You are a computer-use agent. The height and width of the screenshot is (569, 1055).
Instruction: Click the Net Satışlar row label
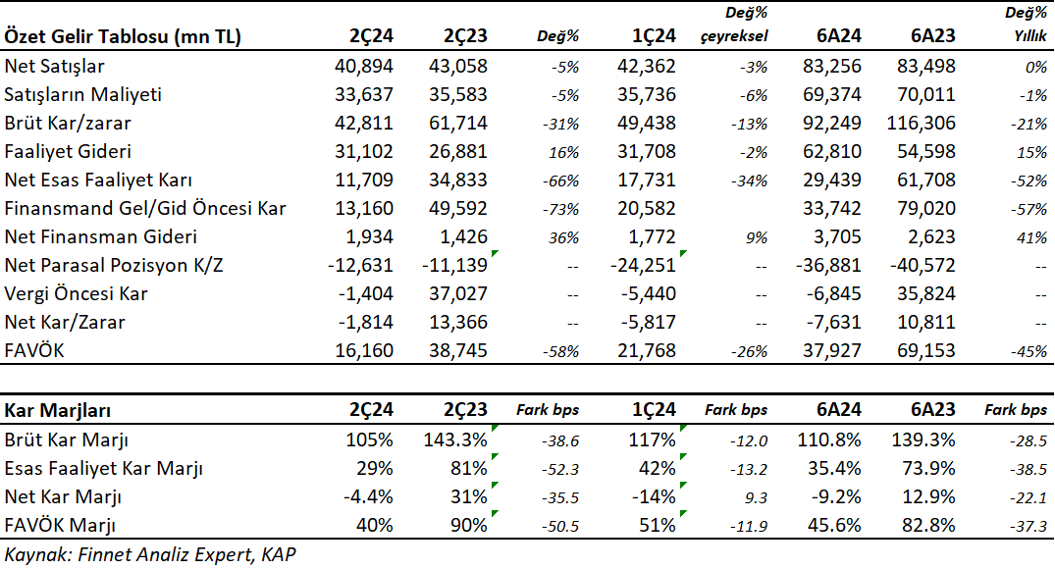pos(55,66)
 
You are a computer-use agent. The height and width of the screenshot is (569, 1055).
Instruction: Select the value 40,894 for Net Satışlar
pos(364,66)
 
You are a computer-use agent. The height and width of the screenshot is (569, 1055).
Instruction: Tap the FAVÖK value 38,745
pos(458,350)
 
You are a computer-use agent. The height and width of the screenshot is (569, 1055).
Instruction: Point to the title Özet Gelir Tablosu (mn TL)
pos(123,36)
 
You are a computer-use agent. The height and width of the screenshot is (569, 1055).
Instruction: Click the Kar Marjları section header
pos(58,410)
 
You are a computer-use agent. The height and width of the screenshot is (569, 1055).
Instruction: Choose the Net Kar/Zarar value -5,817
pos(643,322)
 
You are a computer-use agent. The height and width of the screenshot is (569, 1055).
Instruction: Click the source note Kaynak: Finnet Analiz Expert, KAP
pos(150,555)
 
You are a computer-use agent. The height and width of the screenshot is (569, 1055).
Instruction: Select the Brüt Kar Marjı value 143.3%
pos(455,440)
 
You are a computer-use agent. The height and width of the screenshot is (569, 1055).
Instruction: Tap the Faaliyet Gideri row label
pos(68,151)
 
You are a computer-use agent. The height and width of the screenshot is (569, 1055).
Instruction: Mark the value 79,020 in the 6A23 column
pos(925,209)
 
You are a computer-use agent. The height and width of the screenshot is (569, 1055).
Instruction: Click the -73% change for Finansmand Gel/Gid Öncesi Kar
pos(560,209)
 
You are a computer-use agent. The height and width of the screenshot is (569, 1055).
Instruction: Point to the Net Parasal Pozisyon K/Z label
pos(114,265)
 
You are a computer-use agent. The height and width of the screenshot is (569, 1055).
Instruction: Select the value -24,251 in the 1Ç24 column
pos(643,265)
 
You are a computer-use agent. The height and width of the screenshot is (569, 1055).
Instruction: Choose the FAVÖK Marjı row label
pos(60,525)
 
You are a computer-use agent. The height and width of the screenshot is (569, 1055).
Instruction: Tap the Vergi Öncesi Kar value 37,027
pos(458,294)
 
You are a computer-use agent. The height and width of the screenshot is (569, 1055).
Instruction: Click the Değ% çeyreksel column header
pos(734,25)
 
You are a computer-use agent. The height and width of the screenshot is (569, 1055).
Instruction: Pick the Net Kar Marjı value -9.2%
pos(833,497)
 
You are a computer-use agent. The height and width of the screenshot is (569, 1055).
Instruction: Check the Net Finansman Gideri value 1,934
pos(369,236)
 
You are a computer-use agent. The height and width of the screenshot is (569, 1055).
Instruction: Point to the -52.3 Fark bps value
pos(560,470)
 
